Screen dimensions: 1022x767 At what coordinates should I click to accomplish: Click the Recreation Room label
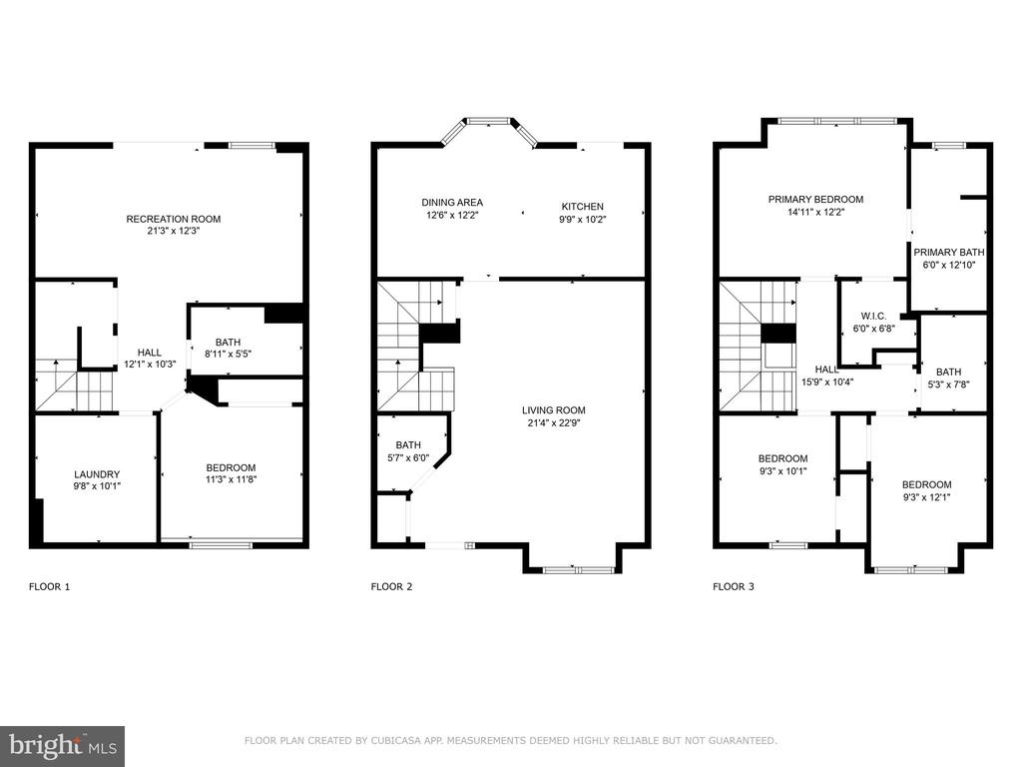(x=174, y=219)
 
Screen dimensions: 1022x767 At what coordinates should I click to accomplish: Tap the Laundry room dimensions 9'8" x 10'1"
(x=97, y=486)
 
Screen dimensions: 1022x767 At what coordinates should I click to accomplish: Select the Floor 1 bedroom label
(x=231, y=467)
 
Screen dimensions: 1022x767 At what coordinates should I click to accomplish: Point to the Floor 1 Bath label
(x=229, y=342)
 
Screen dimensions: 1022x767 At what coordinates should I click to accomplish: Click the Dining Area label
(x=452, y=203)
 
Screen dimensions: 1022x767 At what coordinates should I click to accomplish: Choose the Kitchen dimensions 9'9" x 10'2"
(x=583, y=220)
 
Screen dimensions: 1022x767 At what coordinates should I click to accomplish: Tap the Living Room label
(x=553, y=410)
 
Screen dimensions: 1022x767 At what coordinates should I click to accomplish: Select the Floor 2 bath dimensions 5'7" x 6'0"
(x=408, y=457)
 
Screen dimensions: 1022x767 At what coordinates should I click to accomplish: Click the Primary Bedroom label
(x=816, y=200)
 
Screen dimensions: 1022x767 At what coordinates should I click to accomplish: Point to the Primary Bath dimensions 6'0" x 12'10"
(x=949, y=266)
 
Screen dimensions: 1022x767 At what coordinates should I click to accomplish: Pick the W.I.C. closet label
(x=873, y=317)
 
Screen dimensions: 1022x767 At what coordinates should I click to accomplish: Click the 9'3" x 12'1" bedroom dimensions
(x=927, y=497)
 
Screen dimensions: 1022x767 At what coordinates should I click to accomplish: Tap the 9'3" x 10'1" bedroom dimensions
(x=782, y=471)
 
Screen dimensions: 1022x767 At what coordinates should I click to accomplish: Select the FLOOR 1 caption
(x=50, y=587)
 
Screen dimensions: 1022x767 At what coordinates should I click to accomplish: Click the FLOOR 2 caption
(x=391, y=587)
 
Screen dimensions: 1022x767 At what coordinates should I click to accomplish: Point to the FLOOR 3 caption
(x=734, y=587)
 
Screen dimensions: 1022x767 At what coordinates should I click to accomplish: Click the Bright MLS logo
(x=63, y=746)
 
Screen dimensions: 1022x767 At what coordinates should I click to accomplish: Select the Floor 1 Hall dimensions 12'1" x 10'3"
(x=150, y=365)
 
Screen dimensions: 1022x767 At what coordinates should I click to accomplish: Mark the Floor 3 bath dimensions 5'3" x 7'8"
(x=949, y=384)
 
